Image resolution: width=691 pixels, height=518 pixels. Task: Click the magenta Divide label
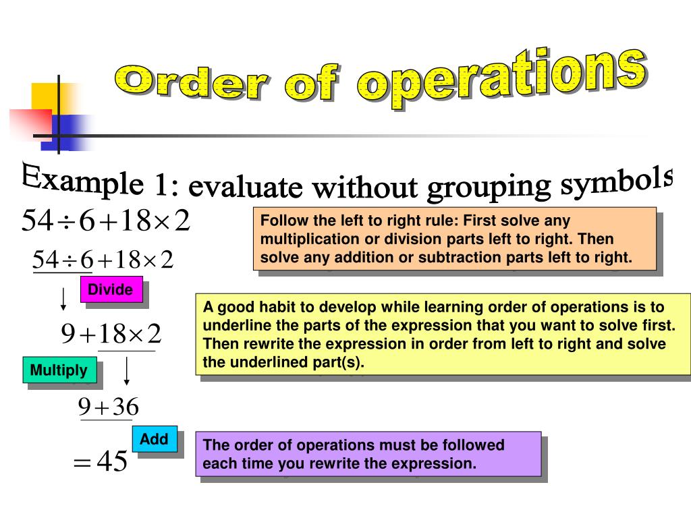click(x=111, y=290)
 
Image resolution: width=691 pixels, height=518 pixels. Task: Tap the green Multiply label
click(x=59, y=370)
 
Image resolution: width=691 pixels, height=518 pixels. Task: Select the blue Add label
click(x=154, y=440)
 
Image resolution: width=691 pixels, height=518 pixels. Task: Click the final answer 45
click(x=112, y=462)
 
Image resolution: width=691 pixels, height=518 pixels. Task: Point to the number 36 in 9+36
click(x=125, y=407)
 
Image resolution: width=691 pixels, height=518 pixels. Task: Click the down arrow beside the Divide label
click(x=63, y=298)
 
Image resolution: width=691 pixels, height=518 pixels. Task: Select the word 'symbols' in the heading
click(x=618, y=182)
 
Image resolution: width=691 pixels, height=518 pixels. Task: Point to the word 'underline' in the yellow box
click(x=233, y=325)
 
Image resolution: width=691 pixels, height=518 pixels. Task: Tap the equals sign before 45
click(x=81, y=463)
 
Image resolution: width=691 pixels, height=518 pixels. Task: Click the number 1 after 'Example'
click(x=160, y=185)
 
